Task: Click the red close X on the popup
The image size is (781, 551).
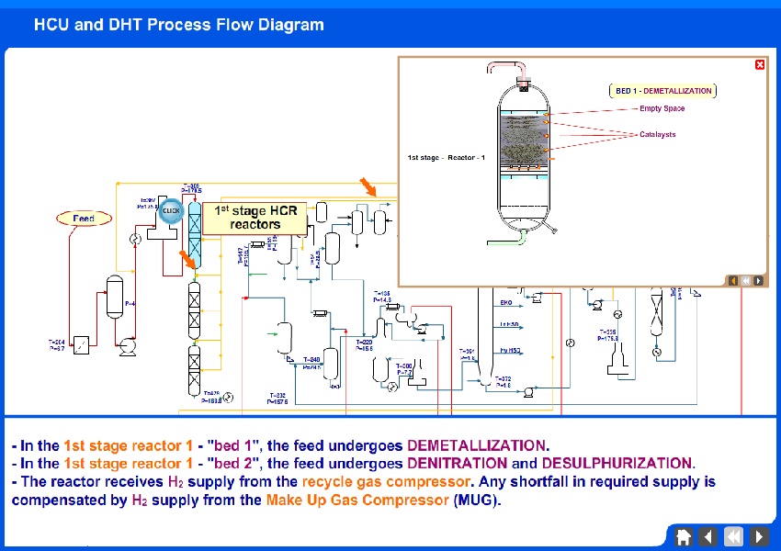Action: pos(759,64)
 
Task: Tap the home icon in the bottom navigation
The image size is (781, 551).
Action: pos(684,536)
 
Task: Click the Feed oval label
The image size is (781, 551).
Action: pos(85,219)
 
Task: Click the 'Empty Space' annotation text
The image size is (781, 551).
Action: pos(662,108)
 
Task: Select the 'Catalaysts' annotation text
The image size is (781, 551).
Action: pos(657,135)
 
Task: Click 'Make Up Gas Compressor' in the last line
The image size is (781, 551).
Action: pos(357,500)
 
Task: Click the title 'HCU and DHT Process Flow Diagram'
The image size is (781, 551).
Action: pos(179,25)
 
